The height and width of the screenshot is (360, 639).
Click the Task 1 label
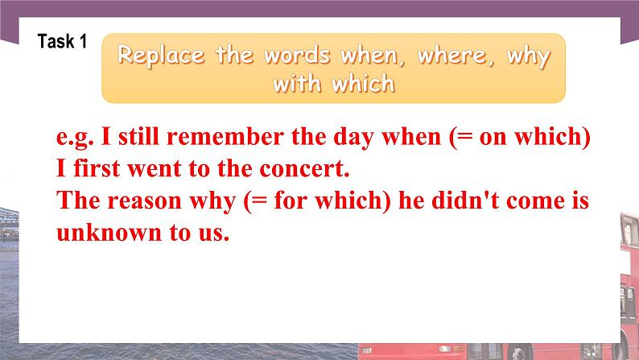[x=62, y=43]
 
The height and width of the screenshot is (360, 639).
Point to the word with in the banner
[x=299, y=84]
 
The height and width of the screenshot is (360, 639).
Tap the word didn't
[x=464, y=201]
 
